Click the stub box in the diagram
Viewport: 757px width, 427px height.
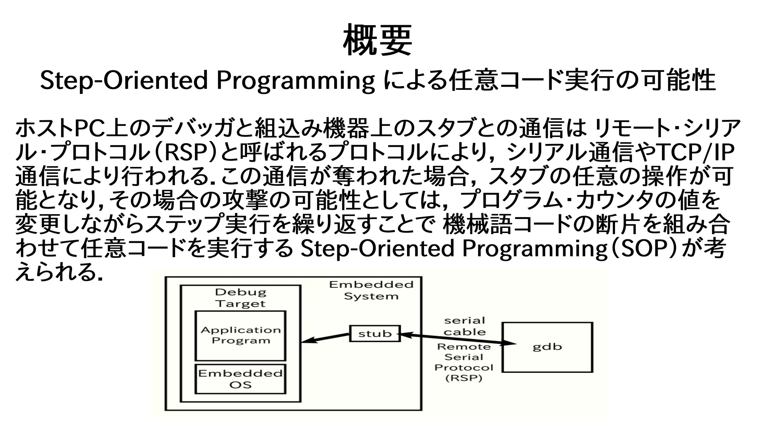(x=374, y=333)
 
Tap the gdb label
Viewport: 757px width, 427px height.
(x=547, y=347)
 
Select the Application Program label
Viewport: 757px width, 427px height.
(x=241, y=335)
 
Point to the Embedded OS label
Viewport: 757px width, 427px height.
(x=240, y=379)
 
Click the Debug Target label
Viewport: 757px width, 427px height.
(x=241, y=298)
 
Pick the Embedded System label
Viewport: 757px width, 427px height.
(x=371, y=290)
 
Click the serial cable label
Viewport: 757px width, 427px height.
(x=465, y=326)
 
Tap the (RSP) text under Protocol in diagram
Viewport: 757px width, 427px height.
(x=464, y=378)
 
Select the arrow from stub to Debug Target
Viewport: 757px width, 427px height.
(x=325, y=338)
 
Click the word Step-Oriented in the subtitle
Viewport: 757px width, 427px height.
(x=124, y=81)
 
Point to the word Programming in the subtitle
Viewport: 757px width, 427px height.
(x=295, y=81)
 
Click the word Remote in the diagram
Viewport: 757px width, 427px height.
(x=464, y=347)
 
